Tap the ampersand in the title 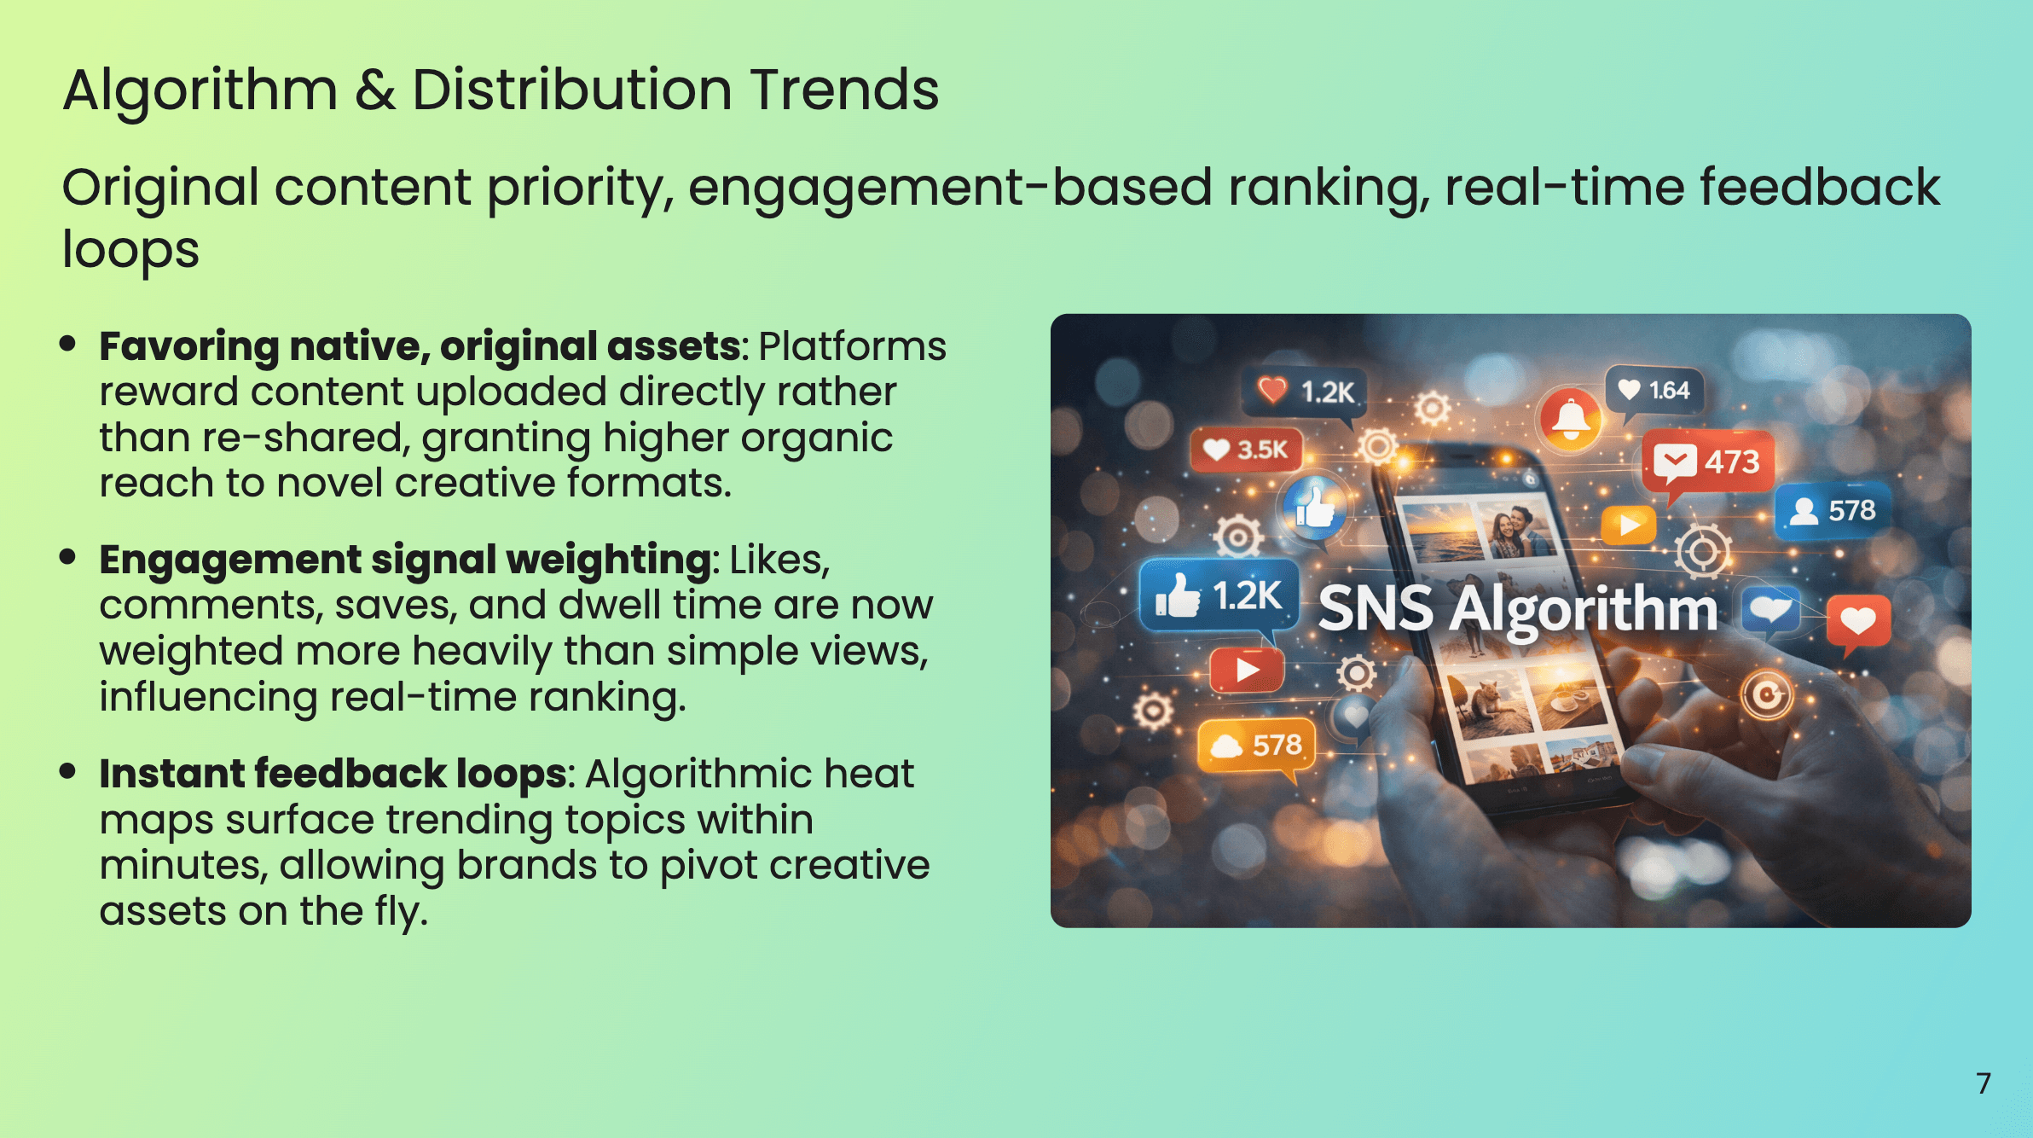374,90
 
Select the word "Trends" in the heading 844,90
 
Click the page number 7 1984,1083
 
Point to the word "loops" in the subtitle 130,250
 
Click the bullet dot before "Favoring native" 68,344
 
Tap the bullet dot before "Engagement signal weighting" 68,557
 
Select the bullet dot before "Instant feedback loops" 68,771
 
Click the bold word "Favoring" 189,346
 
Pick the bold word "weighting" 609,560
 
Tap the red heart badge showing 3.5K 1247,450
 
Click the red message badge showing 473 1708,462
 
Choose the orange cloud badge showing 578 1257,746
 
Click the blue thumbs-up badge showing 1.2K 1219,595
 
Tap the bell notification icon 1571,418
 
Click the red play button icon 1247,670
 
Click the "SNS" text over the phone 1375,609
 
